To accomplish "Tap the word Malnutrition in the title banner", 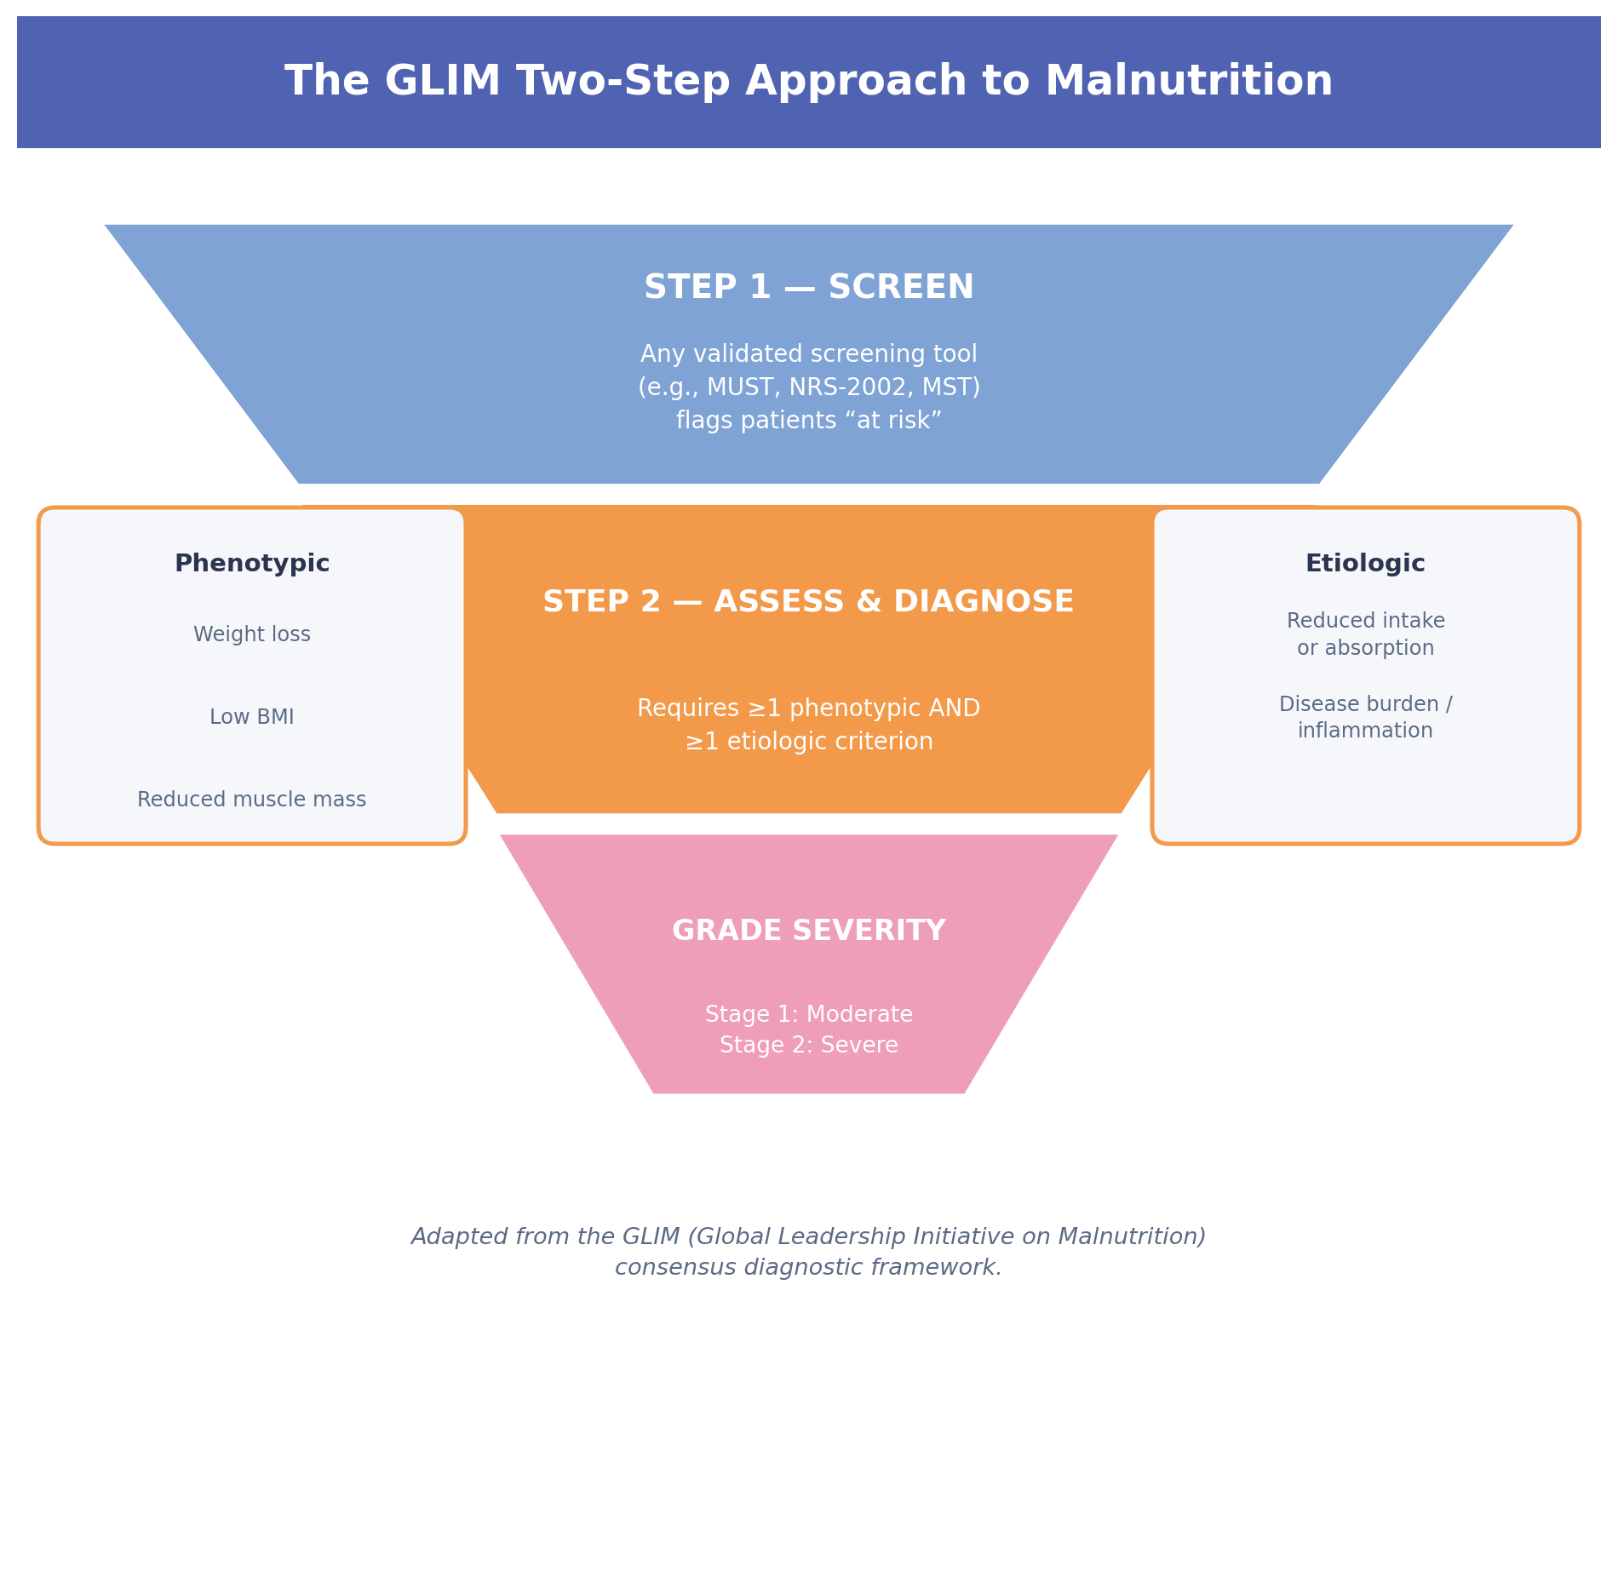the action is (1189, 82).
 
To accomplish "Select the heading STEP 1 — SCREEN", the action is (809, 288).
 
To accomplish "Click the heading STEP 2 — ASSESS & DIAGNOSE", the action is (809, 602).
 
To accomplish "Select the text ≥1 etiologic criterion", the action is (809, 742).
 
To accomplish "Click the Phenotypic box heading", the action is (252, 564).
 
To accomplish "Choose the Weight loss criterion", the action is (252, 634).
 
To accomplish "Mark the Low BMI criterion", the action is (252, 717).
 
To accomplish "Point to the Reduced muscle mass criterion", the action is (252, 800).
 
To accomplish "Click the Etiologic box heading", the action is (1365, 564).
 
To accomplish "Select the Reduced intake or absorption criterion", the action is (1366, 634).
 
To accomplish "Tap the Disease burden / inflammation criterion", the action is (1366, 717).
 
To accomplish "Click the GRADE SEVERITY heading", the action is (809, 931).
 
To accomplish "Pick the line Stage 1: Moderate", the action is (809, 1014).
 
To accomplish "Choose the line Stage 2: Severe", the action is (809, 1045).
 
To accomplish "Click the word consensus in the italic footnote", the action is (676, 1268).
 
